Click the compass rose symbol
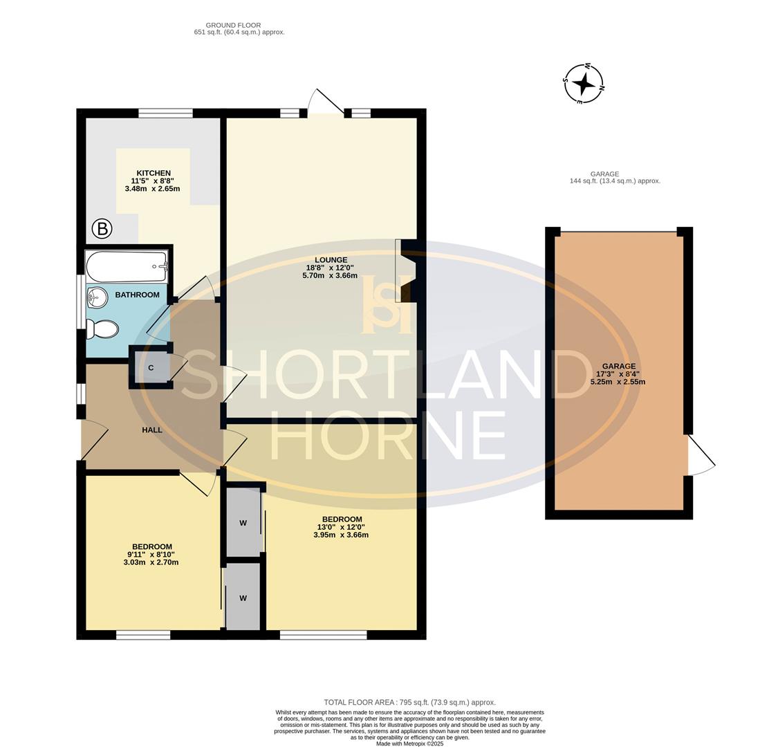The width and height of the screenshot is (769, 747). (584, 84)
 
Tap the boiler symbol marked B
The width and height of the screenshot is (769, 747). (102, 228)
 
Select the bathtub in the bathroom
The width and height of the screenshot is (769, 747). (127, 266)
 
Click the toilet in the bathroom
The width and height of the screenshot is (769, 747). (102, 329)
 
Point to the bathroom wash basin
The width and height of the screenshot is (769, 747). (98, 298)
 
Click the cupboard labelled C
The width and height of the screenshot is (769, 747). (151, 367)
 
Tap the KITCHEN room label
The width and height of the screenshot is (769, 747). (153, 173)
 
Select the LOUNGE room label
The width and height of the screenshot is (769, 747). (331, 260)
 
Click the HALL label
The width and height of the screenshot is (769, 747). (152, 430)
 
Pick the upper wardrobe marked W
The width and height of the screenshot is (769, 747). (243, 523)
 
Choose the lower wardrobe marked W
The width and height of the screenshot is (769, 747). (243, 598)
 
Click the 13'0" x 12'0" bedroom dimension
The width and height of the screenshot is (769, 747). (341, 527)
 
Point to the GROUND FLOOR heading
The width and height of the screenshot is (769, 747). (233, 25)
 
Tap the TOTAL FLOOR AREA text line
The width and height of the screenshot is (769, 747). (409, 702)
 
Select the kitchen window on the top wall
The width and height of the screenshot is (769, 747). (165, 113)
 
